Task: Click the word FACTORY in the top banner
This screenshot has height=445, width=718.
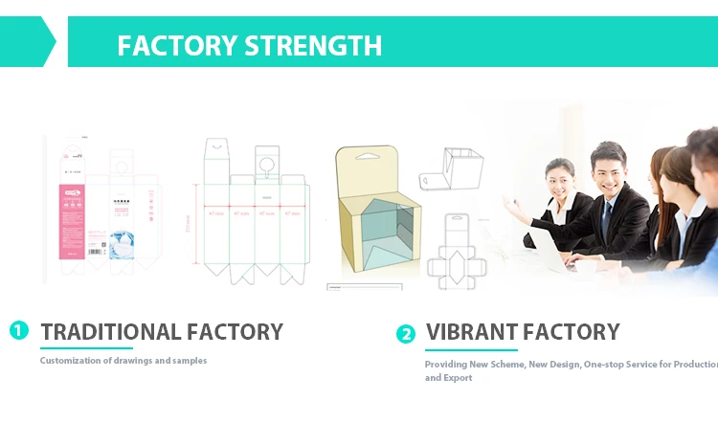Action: pos(177,45)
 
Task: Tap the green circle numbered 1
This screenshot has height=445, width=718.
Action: pos(19,330)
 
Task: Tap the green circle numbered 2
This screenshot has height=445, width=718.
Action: pos(406,334)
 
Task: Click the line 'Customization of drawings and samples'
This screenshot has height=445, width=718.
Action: pos(123,361)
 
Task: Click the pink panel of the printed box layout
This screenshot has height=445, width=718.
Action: pos(72,215)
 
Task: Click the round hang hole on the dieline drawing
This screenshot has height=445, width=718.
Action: pos(267,165)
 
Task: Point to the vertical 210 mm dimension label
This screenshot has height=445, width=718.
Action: pos(188,221)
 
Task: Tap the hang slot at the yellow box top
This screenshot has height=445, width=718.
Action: pos(367,155)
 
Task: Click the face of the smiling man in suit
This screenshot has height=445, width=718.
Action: pos(608,168)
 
